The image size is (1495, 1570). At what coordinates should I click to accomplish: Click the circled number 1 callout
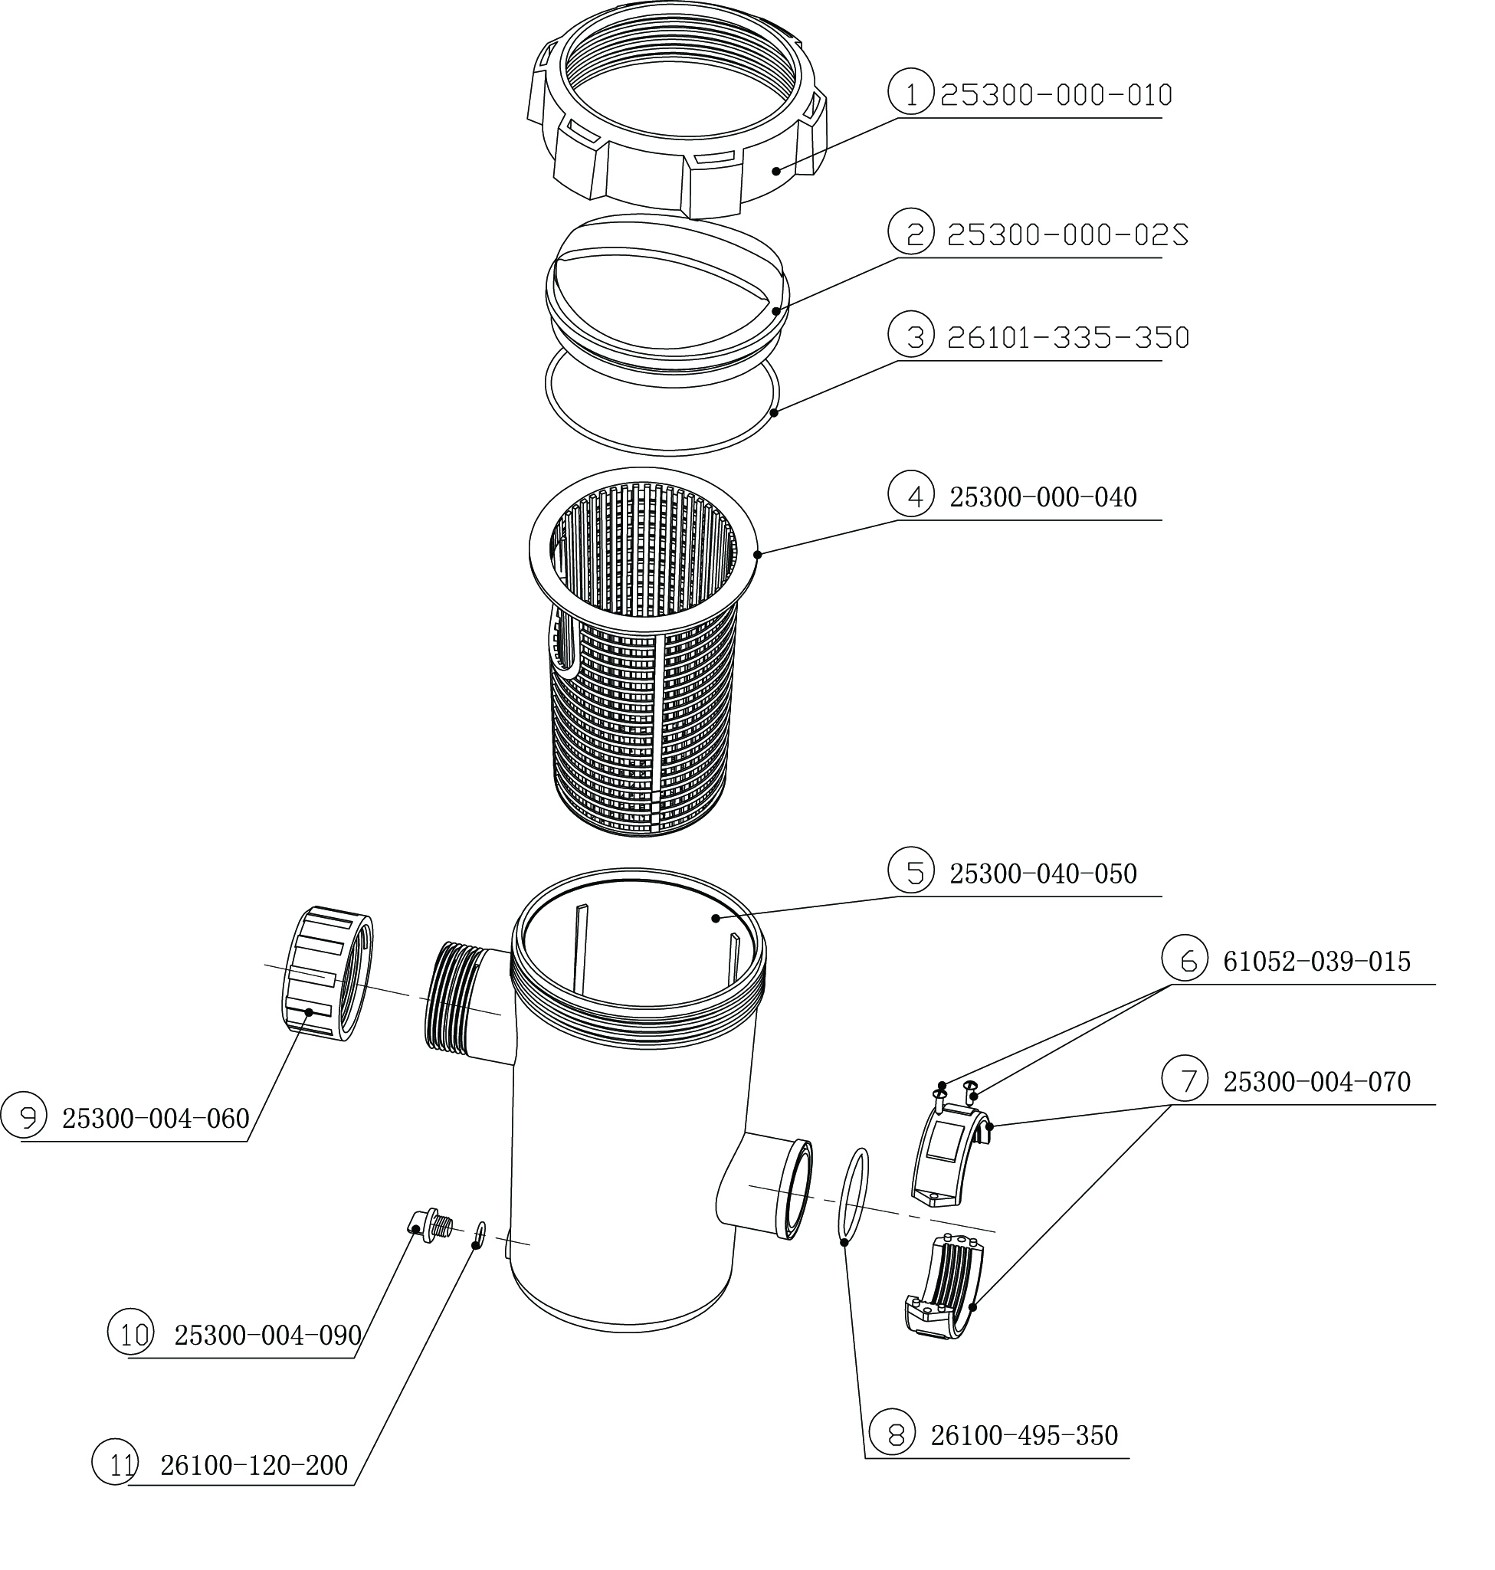pos(910,93)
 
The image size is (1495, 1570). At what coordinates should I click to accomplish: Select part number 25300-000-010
pos(1056,96)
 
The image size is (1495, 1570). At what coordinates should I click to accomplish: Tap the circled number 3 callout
pos(910,336)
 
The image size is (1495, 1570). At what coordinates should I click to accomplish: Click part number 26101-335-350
pos(1067,338)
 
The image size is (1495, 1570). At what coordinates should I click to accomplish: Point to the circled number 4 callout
pos(910,495)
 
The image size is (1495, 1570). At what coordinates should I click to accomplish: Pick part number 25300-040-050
pos(1042,874)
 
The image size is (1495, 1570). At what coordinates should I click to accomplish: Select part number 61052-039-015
pos(1316,962)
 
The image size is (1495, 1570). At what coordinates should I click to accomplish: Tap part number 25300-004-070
pos(1316,1081)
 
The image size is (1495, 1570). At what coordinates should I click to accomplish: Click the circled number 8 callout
pos(892,1434)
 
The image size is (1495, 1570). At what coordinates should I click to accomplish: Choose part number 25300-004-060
pos(156,1119)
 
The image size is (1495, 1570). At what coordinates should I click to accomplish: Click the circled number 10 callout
pos(131,1334)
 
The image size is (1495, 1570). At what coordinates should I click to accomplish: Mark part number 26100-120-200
pos(254,1465)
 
